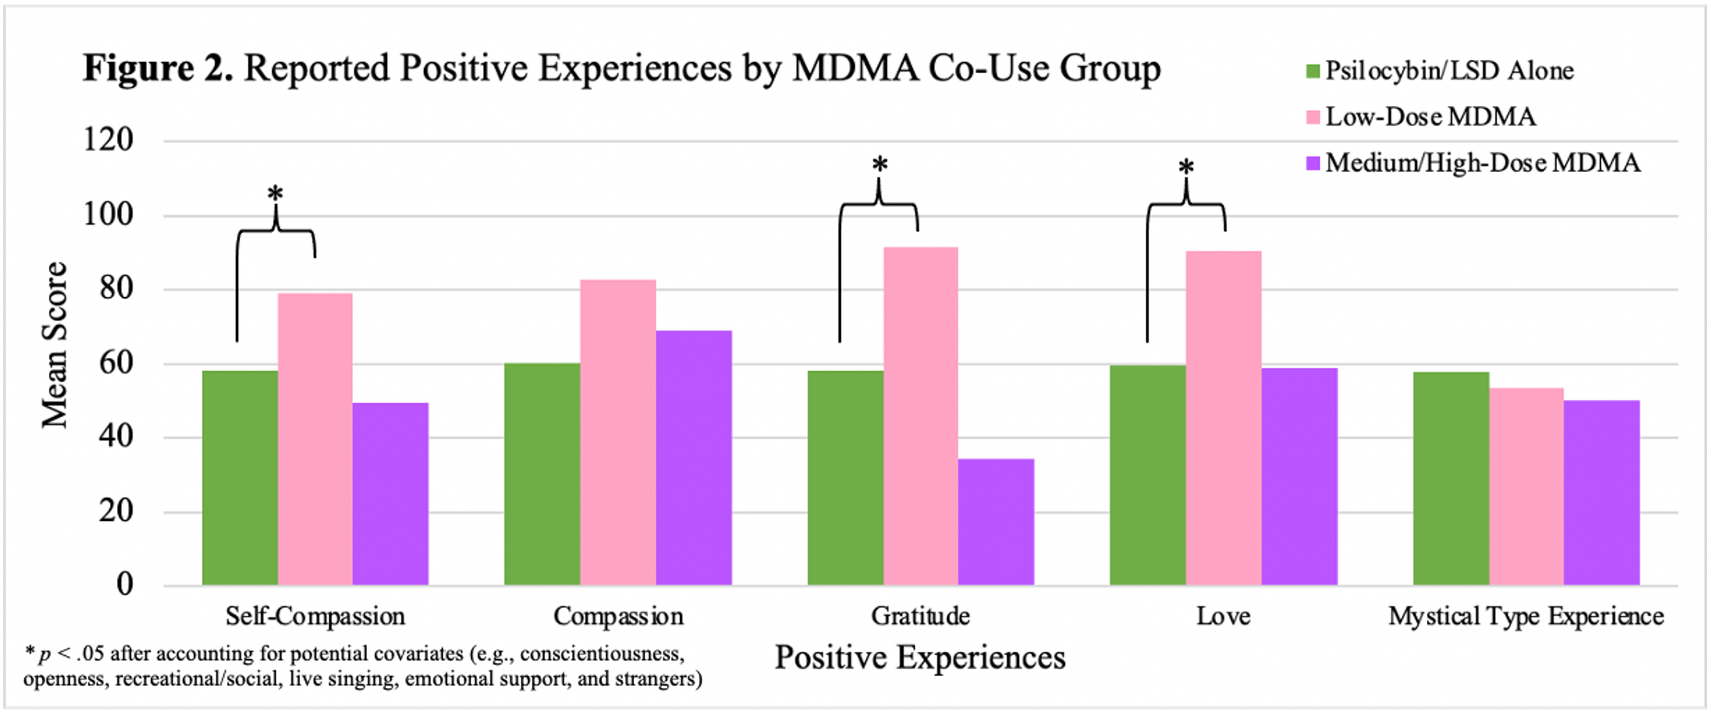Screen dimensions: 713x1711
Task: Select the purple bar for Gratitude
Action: point(996,522)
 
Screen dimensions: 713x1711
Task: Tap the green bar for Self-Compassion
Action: point(240,478)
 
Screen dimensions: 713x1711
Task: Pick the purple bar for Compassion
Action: point(693,458)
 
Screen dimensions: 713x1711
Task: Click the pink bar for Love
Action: point(1223,418)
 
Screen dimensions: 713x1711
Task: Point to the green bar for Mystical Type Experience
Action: point(1450,479)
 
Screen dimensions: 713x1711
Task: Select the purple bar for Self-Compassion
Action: point(391,494)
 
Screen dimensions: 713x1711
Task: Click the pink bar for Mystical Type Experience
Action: point(1526,487)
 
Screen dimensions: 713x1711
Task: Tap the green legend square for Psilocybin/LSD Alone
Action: point(1313,71)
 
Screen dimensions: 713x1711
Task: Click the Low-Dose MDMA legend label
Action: point(1430,117)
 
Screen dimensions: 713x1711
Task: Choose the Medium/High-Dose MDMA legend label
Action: point(1482,163)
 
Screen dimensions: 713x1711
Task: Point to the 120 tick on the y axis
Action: point(108,140)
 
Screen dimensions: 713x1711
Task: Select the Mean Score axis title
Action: point(55,345)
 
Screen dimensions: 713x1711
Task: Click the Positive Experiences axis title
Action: point(920,658)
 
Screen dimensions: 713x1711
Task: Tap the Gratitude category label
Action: point(921,616)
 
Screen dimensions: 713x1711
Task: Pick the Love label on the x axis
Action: point(1223,616)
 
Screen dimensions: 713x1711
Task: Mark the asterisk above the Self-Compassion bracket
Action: point(275,194)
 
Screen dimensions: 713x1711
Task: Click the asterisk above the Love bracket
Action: point(1186,168)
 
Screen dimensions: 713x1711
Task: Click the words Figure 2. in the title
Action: point(158,68)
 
